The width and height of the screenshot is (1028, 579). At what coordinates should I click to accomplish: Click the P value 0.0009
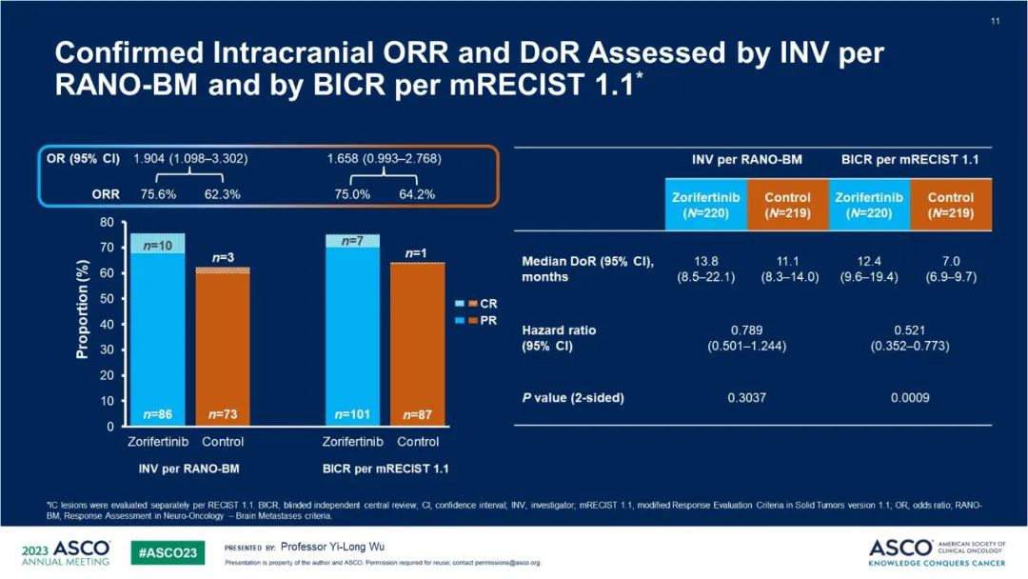tap(911, 397)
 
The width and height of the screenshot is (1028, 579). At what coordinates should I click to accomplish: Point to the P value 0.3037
tap(745, 397)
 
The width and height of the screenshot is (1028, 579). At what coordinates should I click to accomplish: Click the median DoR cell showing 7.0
tap(950, 259)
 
